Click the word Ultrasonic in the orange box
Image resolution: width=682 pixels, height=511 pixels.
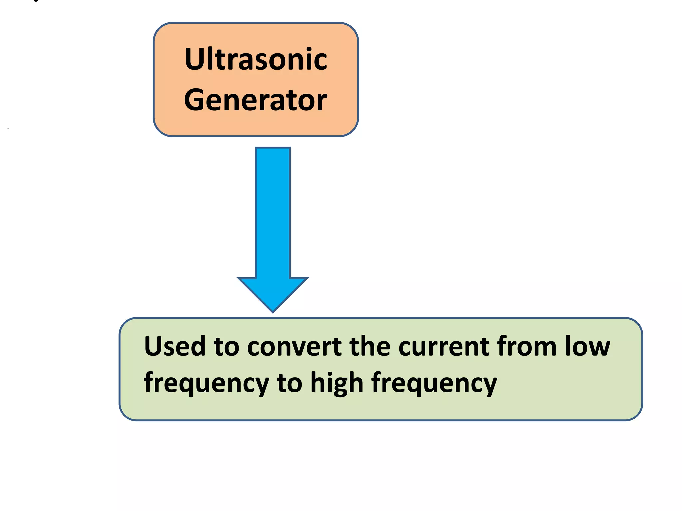(256, 59)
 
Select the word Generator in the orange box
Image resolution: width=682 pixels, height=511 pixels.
(256, 100)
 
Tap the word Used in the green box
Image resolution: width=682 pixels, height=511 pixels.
(174, 346)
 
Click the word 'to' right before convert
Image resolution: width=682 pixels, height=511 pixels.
(226, 346)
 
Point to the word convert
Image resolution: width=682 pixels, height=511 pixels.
(294, 346)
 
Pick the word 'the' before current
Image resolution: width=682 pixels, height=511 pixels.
(370, 346)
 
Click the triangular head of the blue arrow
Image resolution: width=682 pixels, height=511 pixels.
(273, 292)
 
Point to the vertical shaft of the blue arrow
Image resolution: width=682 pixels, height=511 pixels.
(273, 213)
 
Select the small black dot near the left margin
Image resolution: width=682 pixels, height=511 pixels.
(8, 129)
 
